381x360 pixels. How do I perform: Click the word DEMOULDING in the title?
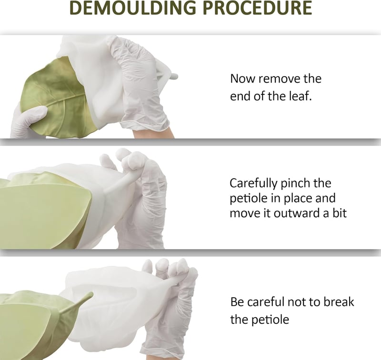tap(133, 8)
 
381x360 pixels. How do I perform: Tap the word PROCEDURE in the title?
tap(257, 8)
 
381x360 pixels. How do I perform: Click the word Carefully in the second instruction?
tap(253, 184)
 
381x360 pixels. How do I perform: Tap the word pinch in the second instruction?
tap(295, 184)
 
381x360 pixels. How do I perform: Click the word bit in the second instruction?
tap(339, 213)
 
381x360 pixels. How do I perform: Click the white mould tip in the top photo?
tap(173, 76)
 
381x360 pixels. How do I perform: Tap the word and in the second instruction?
tap(325, 198)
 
